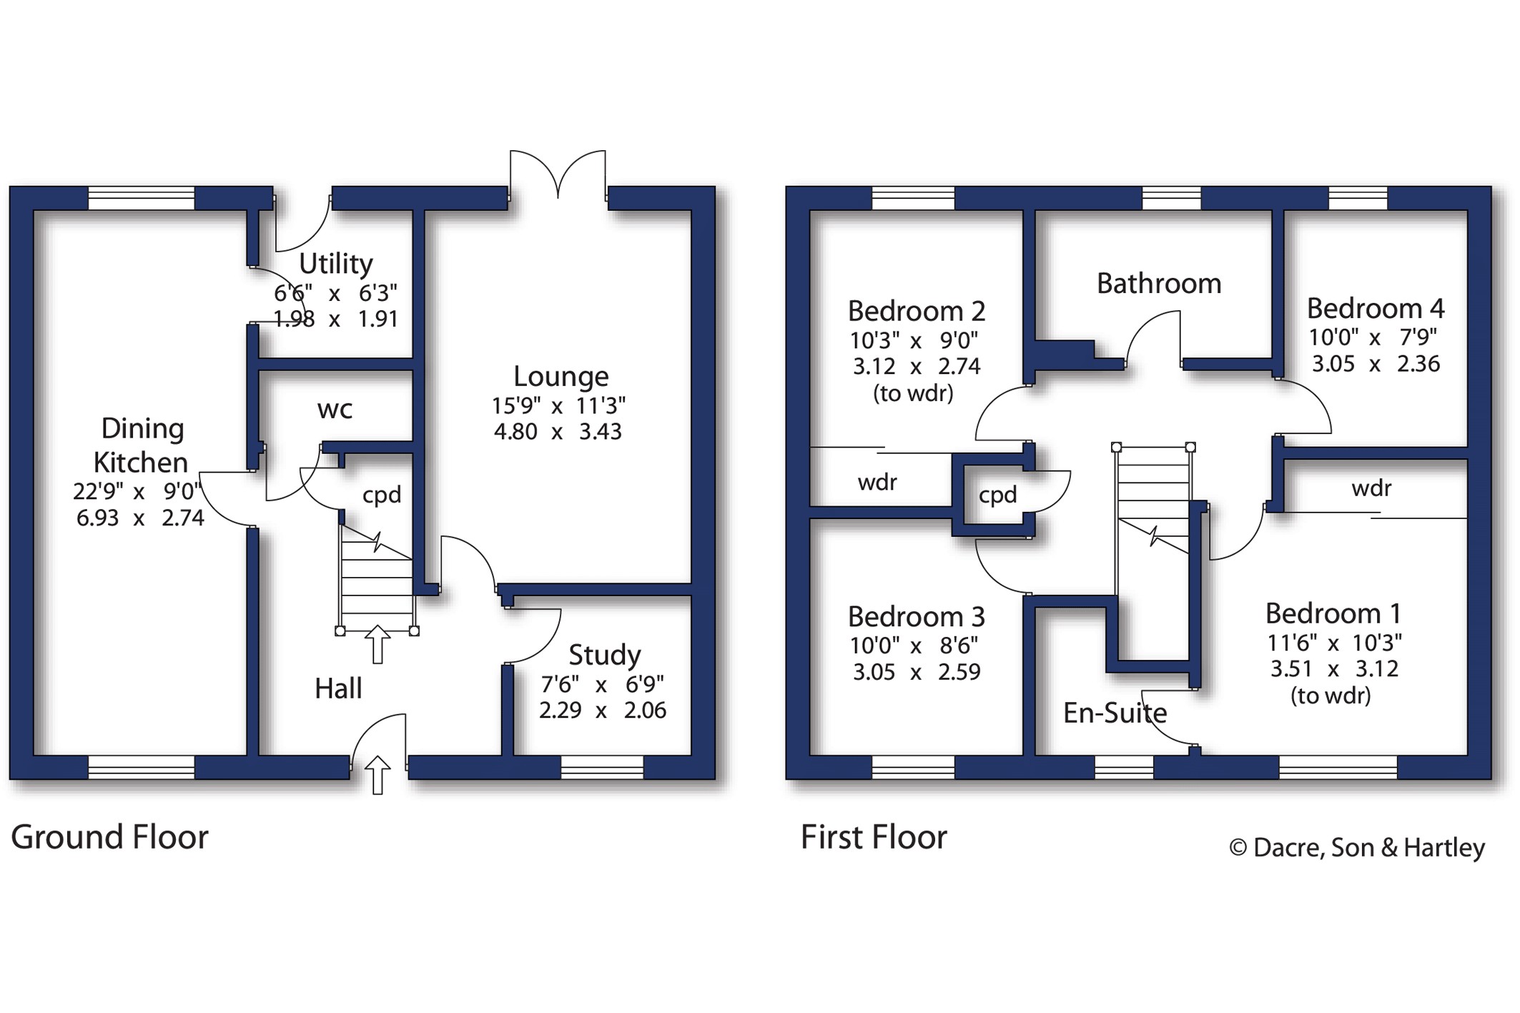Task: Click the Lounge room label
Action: tap(561, 377)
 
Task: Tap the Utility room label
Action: tap(336, 264)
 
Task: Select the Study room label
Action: tap(605, 655)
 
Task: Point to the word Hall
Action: tap(338, 688)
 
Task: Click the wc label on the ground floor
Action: tap(335, 410)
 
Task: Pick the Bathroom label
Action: tap(1159, 284)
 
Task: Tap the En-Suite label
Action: tap(1115, 713)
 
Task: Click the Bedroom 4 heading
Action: tap(1376, 308)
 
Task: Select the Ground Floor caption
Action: tap(109, 837)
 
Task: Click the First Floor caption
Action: tap(874, 837)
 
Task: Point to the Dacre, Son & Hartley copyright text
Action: tap(1357, 848)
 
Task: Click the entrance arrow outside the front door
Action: tap(377, 775)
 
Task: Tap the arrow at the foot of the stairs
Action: tap(377, 645)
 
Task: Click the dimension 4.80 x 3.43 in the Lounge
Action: tap(558, 432)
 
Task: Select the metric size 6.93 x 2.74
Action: tap(140, 518)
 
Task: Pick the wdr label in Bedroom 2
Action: tap(877, 483)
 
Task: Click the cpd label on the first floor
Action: tap(997, 495)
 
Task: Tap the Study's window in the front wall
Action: tap(602, 767)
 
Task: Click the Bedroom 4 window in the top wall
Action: tap(1358, 198)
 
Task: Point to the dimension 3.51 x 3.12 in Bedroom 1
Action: tap(1334, 669)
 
